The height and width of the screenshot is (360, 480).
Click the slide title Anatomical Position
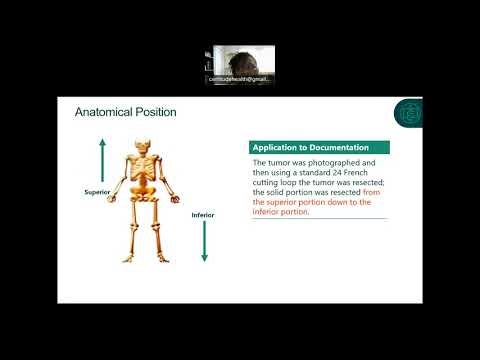(x=125, y=112)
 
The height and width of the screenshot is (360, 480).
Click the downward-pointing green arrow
(x=204, y=240)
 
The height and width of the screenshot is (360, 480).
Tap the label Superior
(x=97, y=190)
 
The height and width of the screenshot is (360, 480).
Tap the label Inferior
(x=204, y=214)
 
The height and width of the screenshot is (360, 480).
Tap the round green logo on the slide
(x=409, y=112)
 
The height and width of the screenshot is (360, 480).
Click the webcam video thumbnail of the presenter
(x=241, y=62)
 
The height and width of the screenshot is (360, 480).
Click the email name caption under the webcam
(x=241, y=78)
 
